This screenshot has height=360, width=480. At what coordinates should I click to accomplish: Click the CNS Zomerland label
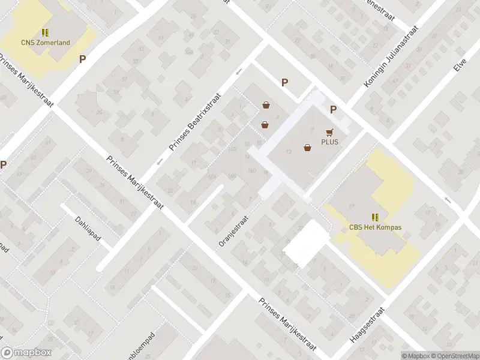click(x=45, y=43)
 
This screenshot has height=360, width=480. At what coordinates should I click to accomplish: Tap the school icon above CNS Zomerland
click(x=45, y=32)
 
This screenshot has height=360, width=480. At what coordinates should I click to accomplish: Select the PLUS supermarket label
click(x=329, y=142)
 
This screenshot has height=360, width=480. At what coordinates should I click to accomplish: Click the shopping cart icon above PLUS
click(x=329, y=132)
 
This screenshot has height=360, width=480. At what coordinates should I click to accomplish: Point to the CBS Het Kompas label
click(x=375, y=228)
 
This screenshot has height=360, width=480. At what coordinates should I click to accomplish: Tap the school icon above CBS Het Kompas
click(x=375, y=217)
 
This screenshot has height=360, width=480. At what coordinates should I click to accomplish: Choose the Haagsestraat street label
click(x=365, y=322)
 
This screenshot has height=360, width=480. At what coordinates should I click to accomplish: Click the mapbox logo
click(x=26, y=353)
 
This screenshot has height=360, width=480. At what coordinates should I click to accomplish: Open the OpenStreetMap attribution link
click(x=454, y=355)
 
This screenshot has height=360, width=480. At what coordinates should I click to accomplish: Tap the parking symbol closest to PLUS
click(x=333, y=109)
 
